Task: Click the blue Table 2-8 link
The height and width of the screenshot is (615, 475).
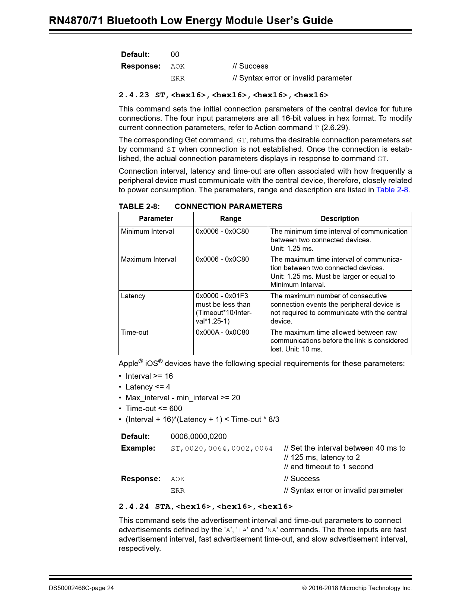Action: (392, 190)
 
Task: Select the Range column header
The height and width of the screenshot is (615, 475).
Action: (231, 219)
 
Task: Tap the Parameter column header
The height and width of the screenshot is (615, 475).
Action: (156, 219)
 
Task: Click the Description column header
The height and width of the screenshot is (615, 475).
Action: (340, 219)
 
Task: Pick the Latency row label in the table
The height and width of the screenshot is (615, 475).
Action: (133, 296)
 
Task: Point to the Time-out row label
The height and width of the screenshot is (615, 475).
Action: (134, 332)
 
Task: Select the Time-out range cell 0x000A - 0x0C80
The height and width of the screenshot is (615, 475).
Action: (222, 332)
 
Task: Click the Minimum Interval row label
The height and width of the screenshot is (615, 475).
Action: (147, 231)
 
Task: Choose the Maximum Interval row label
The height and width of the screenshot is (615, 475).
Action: (148, 259)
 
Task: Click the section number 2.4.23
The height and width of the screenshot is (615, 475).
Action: (133, 95)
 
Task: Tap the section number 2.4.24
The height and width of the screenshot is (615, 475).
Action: (133, 507)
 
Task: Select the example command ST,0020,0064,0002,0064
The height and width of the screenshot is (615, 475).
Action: (222, 448)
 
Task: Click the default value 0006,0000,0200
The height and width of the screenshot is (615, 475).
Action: (198, 436)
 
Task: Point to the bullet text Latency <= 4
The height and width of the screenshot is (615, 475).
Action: (148, 387)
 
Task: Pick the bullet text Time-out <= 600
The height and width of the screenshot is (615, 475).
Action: (153, 409)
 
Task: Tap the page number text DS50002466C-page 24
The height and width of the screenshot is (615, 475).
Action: (81, 588)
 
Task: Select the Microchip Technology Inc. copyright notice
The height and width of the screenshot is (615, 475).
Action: (357, 588)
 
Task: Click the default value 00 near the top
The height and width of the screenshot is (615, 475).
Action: (175, 54)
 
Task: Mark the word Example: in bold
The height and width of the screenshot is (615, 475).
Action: (138, 448)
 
